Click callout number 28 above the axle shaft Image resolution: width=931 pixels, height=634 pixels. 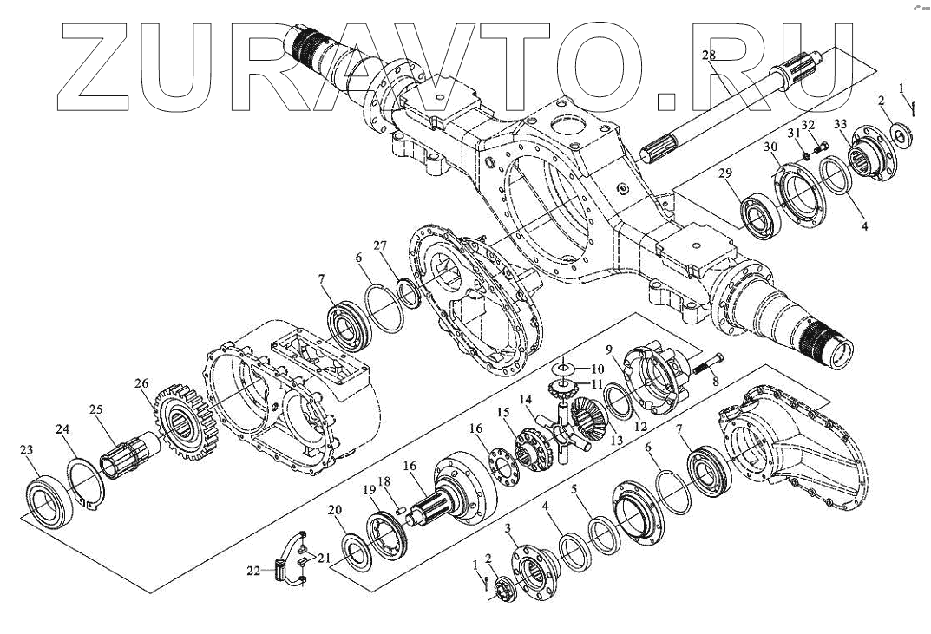[x=708, y=56]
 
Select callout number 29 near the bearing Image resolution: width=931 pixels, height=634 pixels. [x=725, y=174]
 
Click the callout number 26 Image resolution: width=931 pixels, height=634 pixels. [x=141, y=382]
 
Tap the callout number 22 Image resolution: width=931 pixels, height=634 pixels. [x=252, y=571]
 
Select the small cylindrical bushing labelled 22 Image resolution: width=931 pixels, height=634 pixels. [x=280, y=571]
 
